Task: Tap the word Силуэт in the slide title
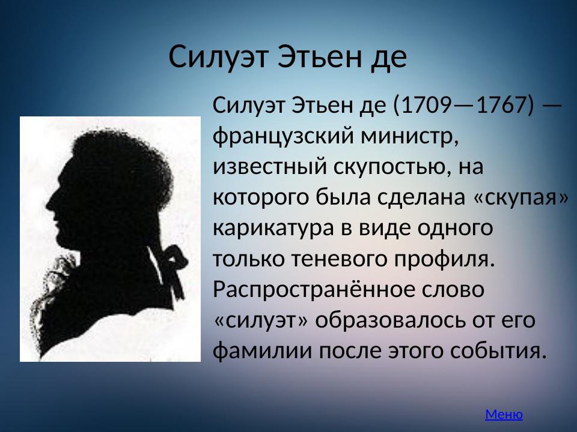pyautogui.click(x=219, y=57)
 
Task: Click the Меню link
pyautogui.click(x=504, y=414)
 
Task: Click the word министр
pyautogui.click(x=409, y=137)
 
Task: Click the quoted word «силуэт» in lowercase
pyautogui.click(x=261, y=320)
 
